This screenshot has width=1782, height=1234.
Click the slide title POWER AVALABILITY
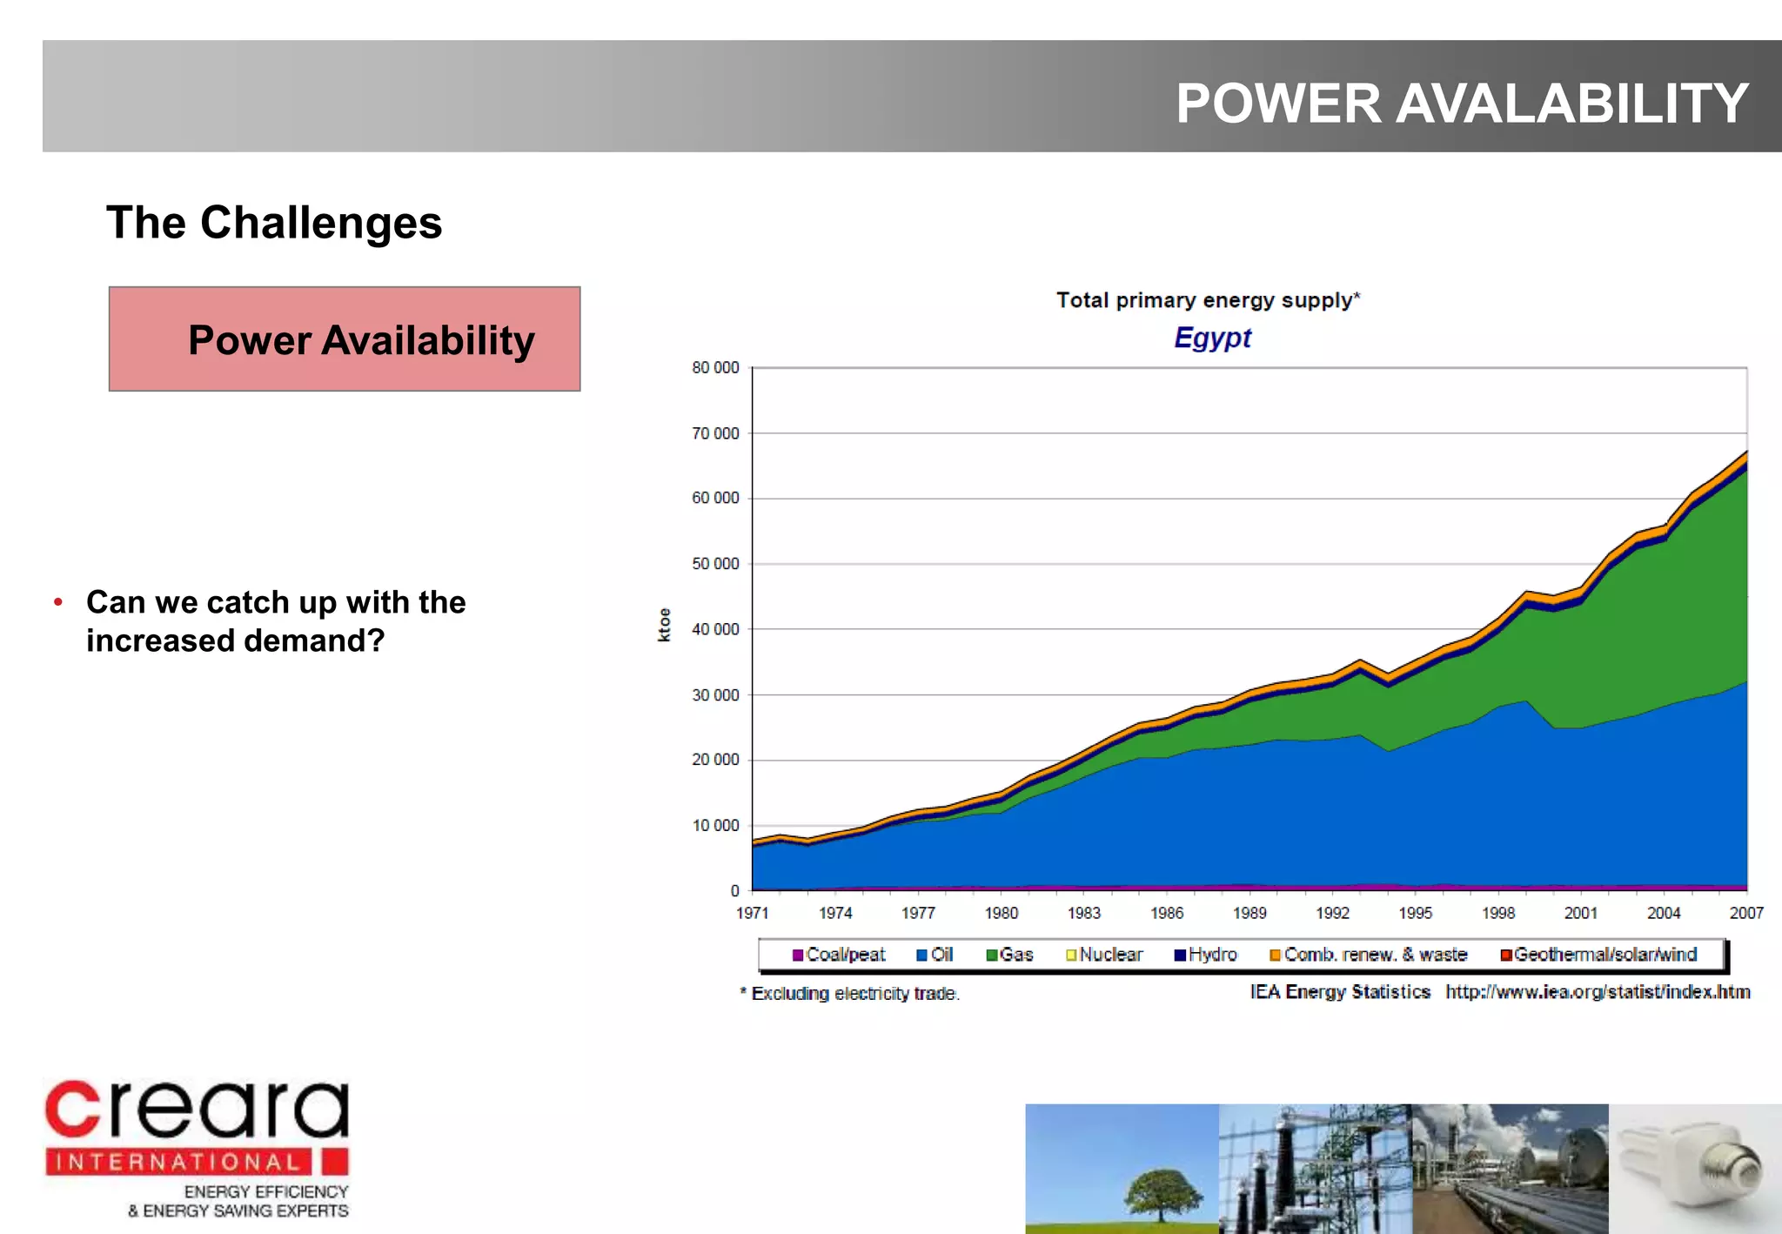pos(1461,104)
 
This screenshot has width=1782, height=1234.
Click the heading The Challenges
pos(274,223)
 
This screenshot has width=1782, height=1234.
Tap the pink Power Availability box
pos(345,339)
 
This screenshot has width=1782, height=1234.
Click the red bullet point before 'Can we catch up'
pos(58,602)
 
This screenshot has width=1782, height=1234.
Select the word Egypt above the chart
pos(1212,338)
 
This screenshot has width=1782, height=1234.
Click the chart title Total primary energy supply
pos(1207,300)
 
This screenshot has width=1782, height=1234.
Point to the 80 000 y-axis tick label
pos(715,368)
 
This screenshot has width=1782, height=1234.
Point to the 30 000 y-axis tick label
pos(715,695)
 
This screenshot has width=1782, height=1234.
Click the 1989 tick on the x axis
pos(1249,913)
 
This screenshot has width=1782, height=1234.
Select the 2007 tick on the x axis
pos(1745,913)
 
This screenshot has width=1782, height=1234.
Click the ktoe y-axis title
pos(665,625)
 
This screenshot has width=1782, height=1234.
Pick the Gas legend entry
pos(1009,955)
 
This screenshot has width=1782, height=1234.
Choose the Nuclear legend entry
pos(1104,955)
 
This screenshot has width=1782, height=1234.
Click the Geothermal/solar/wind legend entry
pos(1598,955)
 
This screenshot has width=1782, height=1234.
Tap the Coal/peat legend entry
pos(839,955)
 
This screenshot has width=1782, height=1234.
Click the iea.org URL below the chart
pos(1598,992)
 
